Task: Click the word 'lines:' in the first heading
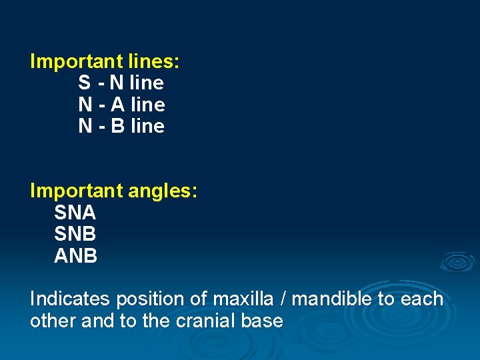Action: point(152,62)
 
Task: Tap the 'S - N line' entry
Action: point(121,83)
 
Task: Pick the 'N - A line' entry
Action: point(121,105)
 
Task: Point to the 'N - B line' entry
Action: point(121,126)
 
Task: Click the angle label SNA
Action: point(75,213)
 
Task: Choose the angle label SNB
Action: point(75,235)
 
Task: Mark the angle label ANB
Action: point(75,256)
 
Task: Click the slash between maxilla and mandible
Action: point(284,299)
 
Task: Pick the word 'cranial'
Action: point(207,321)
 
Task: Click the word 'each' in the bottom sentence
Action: point(422,299)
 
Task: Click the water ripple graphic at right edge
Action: point(457,262)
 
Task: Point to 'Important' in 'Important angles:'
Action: point(73,191)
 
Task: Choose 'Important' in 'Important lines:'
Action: point(73,62)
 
